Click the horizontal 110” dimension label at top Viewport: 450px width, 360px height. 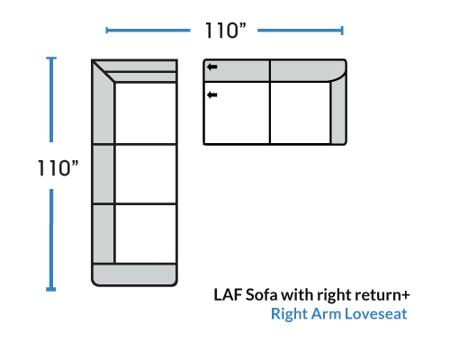(x=225, y=31)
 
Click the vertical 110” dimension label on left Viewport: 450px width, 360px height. (x=58, y=167)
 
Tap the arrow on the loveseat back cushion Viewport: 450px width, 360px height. (x=212, y=67)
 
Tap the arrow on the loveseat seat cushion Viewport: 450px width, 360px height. (x=212, y=95)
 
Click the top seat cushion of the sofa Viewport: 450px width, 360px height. (x=146, y=113)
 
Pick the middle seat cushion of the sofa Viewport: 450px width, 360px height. (x=146, y=174)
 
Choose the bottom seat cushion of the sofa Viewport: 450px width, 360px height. (x=146, y=234)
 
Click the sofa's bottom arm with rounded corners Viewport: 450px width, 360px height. (x=134, y=274)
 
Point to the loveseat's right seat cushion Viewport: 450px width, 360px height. (x=300, y=112)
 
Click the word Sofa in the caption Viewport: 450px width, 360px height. (x=261, y=294)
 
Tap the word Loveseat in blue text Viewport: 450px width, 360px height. (x=375, y=314)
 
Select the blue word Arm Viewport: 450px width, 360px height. (x=326, y=314)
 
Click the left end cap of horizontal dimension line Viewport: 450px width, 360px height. (x=107, y=31)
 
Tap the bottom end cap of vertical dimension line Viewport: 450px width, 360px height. (x=51, y=289)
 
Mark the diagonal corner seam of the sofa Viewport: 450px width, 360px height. (x=103, y=71)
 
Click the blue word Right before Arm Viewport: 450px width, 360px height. (x=290, y=314)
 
